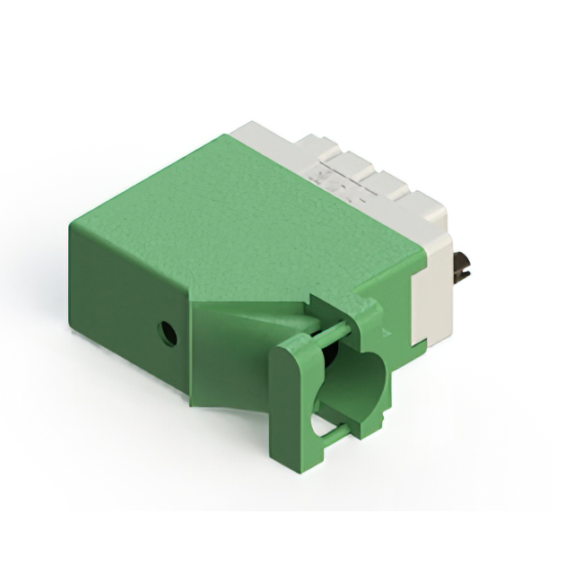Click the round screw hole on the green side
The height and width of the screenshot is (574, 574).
coord(167,334)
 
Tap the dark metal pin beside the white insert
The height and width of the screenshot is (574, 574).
coord(463,266)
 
